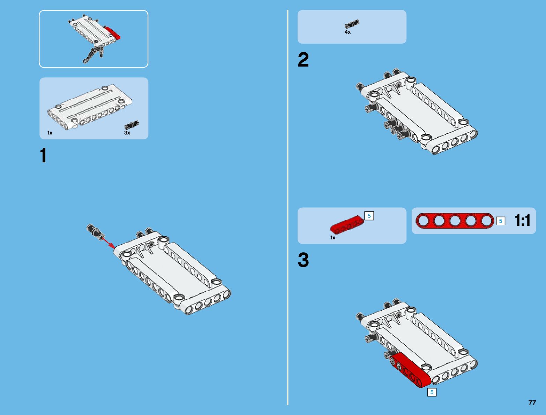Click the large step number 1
pos(43,156)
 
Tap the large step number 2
pos(303,60)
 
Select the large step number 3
pos(303,260)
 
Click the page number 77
pos(532,403)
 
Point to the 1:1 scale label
pos(522,221)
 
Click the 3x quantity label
pos(127,133)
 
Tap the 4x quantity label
pos(347,32)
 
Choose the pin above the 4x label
pos(352,24)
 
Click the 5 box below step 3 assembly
pos(432,392)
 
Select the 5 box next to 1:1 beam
pos(500,221)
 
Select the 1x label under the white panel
pos(50,133)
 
